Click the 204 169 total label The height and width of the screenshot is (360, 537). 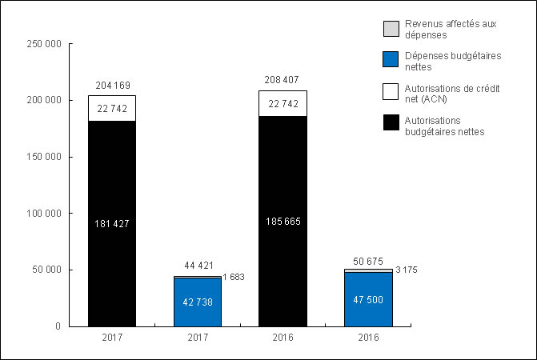111,86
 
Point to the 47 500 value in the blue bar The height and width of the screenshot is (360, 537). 368,299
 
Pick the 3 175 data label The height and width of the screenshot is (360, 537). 407,270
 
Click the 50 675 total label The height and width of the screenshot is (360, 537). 368,259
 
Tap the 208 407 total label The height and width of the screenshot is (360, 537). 282,81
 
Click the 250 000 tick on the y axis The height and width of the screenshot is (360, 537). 45,44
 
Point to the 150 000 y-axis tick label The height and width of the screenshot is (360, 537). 45,157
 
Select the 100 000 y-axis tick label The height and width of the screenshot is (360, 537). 45,214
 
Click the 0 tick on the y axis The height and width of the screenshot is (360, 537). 57,326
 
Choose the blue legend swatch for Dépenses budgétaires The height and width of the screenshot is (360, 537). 390,58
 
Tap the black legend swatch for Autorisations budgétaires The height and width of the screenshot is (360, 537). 390,123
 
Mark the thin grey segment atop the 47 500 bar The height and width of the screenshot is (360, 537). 368,270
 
